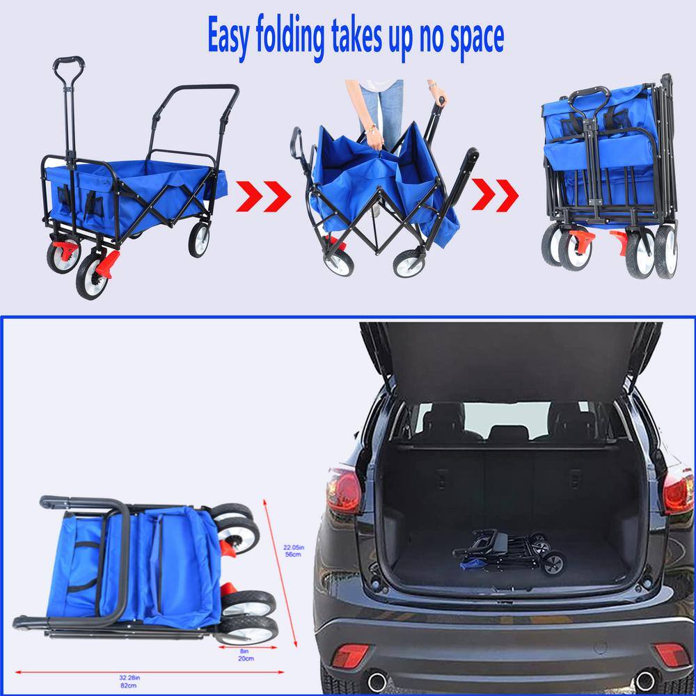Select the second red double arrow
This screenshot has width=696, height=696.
tap(495, 196)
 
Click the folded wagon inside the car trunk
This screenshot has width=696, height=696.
tap(509, 551)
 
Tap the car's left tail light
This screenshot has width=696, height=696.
tap(344, 490)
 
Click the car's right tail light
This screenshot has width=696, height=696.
tap(678, 491)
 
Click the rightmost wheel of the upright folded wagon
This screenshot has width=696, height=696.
tap(665, 251)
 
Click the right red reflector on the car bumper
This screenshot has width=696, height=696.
tap(671, 654)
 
